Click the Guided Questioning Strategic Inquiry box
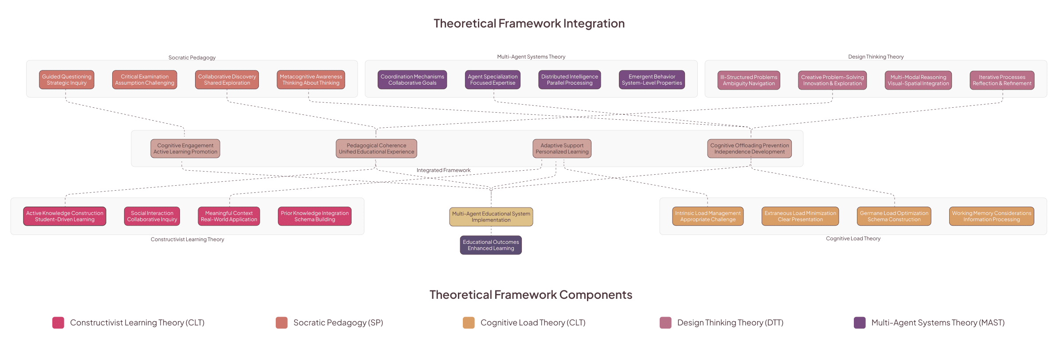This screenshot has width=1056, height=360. point(66,80)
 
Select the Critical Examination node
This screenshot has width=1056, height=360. point(145,80)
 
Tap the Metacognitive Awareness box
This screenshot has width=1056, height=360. point(311,80)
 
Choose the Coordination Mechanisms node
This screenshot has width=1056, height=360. point(412,80)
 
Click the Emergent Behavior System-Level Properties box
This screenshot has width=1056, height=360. point(652,80)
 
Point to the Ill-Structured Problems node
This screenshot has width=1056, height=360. point(749,80)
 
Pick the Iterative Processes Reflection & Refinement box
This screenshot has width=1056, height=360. point(1002,80)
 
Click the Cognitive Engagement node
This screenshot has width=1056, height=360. point(185,149)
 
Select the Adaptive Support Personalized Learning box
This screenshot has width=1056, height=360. point(562,149)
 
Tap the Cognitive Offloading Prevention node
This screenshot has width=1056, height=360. point(750,149)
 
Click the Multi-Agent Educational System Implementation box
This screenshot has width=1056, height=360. point(491,217)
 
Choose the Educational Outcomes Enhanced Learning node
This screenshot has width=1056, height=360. point(491,245)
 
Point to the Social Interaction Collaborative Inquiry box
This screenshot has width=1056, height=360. point(152,216)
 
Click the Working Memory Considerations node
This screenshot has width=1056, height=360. point(992,216)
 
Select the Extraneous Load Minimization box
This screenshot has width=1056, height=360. point(800,216)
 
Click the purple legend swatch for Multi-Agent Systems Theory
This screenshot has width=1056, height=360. point(860,323)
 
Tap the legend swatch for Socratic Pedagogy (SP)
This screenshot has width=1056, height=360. point(282,323)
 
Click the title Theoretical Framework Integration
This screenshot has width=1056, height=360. point(529,23)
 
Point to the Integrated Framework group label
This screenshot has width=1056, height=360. point(443,170)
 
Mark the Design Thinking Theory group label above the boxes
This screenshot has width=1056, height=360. point(876,57)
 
